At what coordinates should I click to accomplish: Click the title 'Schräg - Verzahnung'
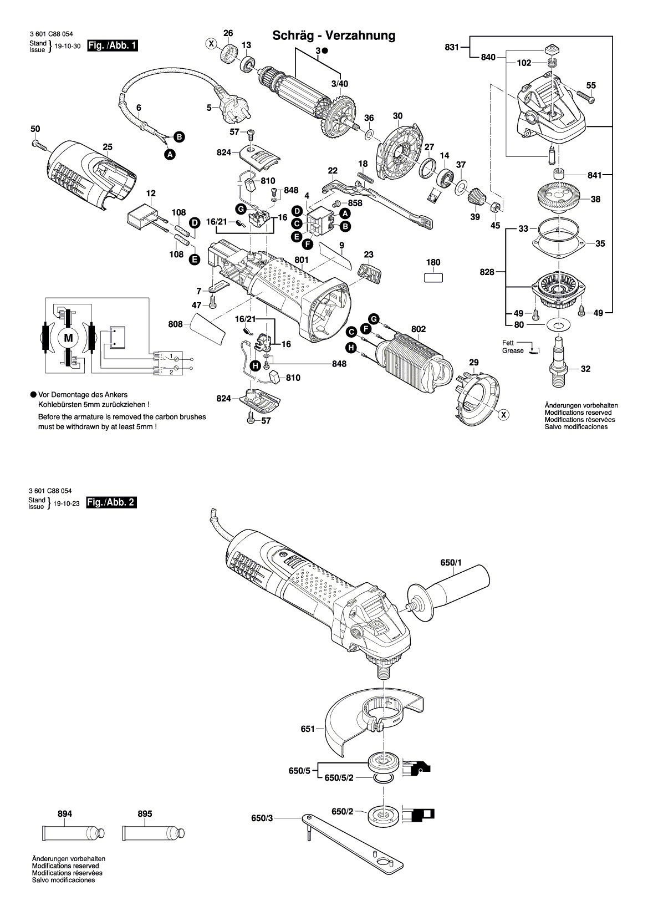coord(334,36)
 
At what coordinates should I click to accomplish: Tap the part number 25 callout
coord(108,147)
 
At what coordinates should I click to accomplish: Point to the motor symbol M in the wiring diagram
coord(69,337)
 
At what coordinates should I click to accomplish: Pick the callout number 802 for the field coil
coord(419,329)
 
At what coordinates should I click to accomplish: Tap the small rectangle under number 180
coord(433,278)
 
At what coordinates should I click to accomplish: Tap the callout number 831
coord(452,48)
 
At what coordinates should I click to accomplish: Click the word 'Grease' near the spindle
coord(513,350)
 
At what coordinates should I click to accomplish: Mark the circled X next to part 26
coord(211,43)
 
